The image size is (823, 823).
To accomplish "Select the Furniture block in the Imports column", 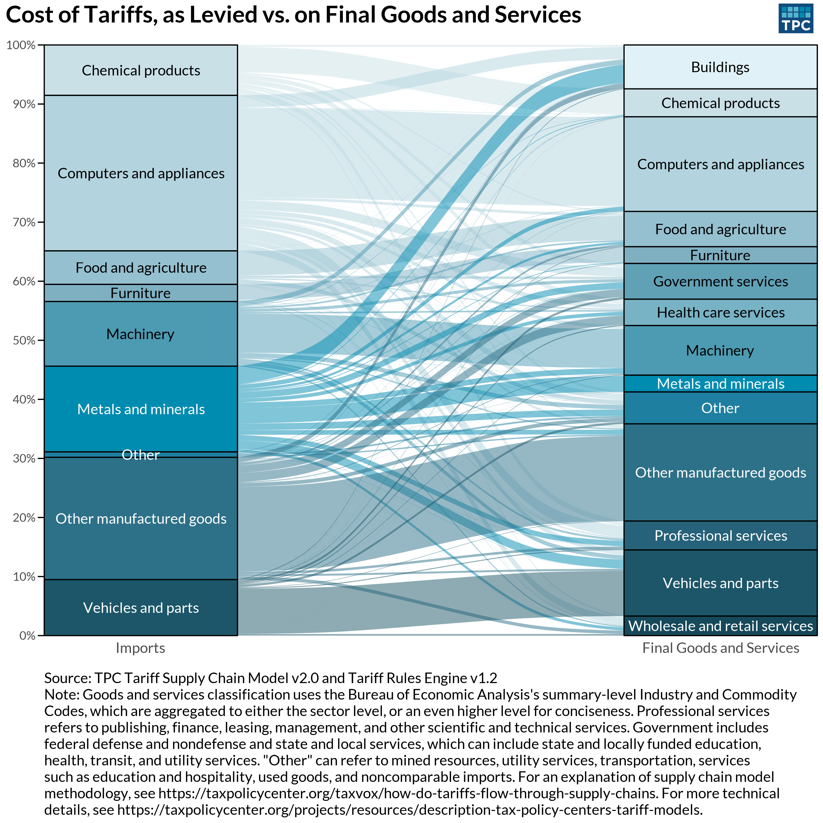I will tap(140, 293).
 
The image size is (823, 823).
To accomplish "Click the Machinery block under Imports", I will tap(140, 334).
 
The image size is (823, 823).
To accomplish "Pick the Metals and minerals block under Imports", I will tap(140, 409).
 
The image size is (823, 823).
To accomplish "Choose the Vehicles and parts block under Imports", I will tap(140, 607).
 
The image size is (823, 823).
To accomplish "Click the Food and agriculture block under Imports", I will tap(140, 267).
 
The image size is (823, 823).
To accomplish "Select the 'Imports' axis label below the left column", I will tap(140, 648).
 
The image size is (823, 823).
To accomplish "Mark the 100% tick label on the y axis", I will tap(21, 45).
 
